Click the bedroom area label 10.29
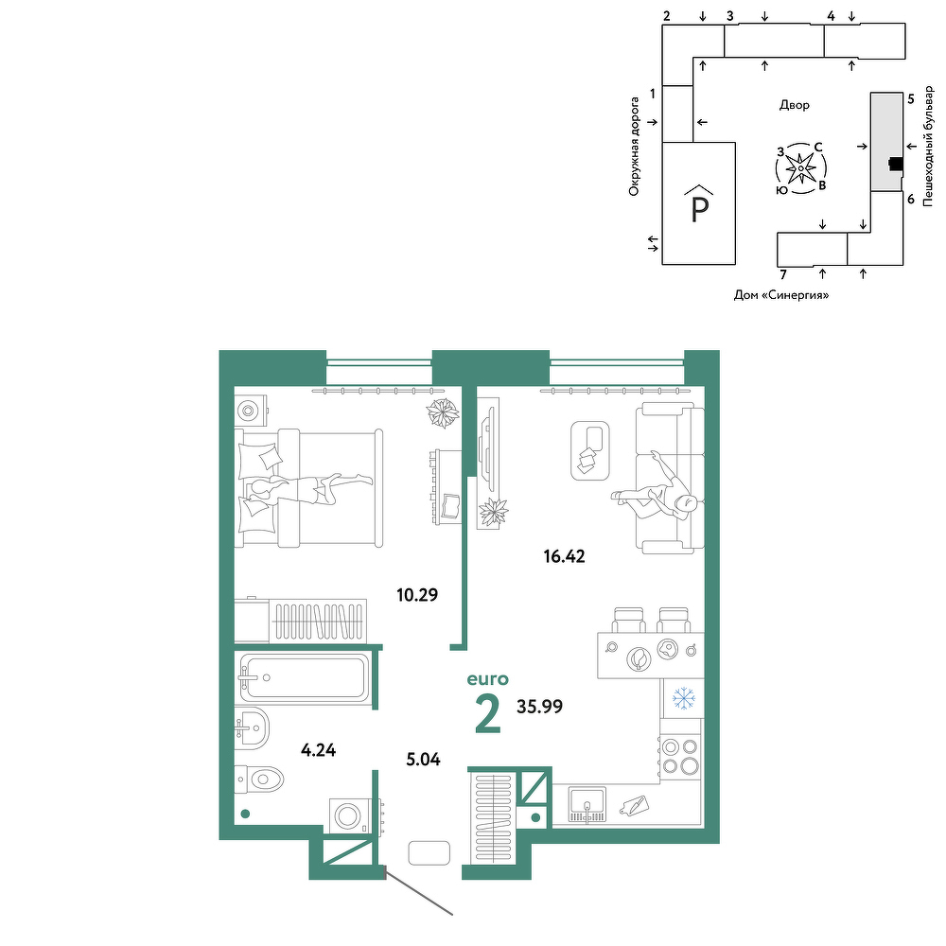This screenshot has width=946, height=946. pyautogui.click(x=417, y=595)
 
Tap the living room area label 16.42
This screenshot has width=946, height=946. pyautogui.click(x=564, y=556)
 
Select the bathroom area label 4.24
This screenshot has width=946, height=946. pyautogui.click(x=318, y=750)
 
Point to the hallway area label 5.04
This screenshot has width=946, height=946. pyautogui.click(x=423, y=760)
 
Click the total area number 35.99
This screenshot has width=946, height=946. pyautogui.click(x=539, y=707)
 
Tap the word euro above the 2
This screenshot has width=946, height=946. pyautogui.click(x=487, y=679)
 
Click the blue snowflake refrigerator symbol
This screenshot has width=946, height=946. pyautogui.click(x=684, y=698)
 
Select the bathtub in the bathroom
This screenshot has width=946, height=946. pyautogui.click(x=305, y=677)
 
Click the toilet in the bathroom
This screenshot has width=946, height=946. pyautogui.click(x=259, y=780)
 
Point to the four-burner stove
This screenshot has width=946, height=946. pyautogui.click(x=680, y=757)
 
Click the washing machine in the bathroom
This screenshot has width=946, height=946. pyautogui.click(x=349, y=816)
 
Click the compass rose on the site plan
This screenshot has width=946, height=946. pyautogui.click(x=800, y=168)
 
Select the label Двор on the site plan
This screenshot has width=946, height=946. pyautogui.click(x=795, y=105)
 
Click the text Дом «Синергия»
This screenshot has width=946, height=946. pyautogui.click(x=781, y=295)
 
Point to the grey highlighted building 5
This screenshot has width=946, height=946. pyautogui.click(x=886, y=142)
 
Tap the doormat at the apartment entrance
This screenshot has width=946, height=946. pyautogui.click(x=429, y=853)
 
